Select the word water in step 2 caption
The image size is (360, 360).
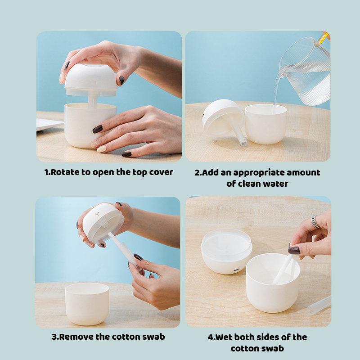coord(274,184)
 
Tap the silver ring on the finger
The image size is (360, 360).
coord(315,221)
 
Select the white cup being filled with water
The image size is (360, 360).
coord(265,124)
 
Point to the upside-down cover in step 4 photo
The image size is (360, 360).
coord(226,251)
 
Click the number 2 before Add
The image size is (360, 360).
coord(197,172)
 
